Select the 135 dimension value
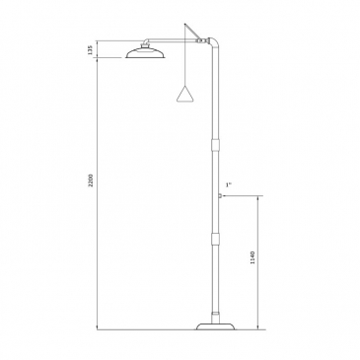[91, 49]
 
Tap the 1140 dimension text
[252, 258]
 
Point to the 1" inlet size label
[229, 184]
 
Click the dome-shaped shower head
[145, 53]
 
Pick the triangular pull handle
[184, 94]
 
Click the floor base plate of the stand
[216, 326]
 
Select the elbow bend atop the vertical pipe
[214, 42]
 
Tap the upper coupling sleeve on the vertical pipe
[215, 144]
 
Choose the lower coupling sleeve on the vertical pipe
[215, 239]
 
